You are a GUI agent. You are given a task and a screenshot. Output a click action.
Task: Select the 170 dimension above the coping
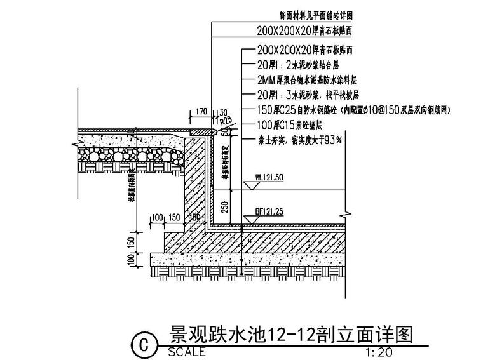tap(200, 112)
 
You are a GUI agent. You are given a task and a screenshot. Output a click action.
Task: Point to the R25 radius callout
tap(223, 119)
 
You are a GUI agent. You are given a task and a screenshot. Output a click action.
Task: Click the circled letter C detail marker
tap(143, 345)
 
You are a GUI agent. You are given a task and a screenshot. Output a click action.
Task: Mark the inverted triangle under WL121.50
tap(248, 186)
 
